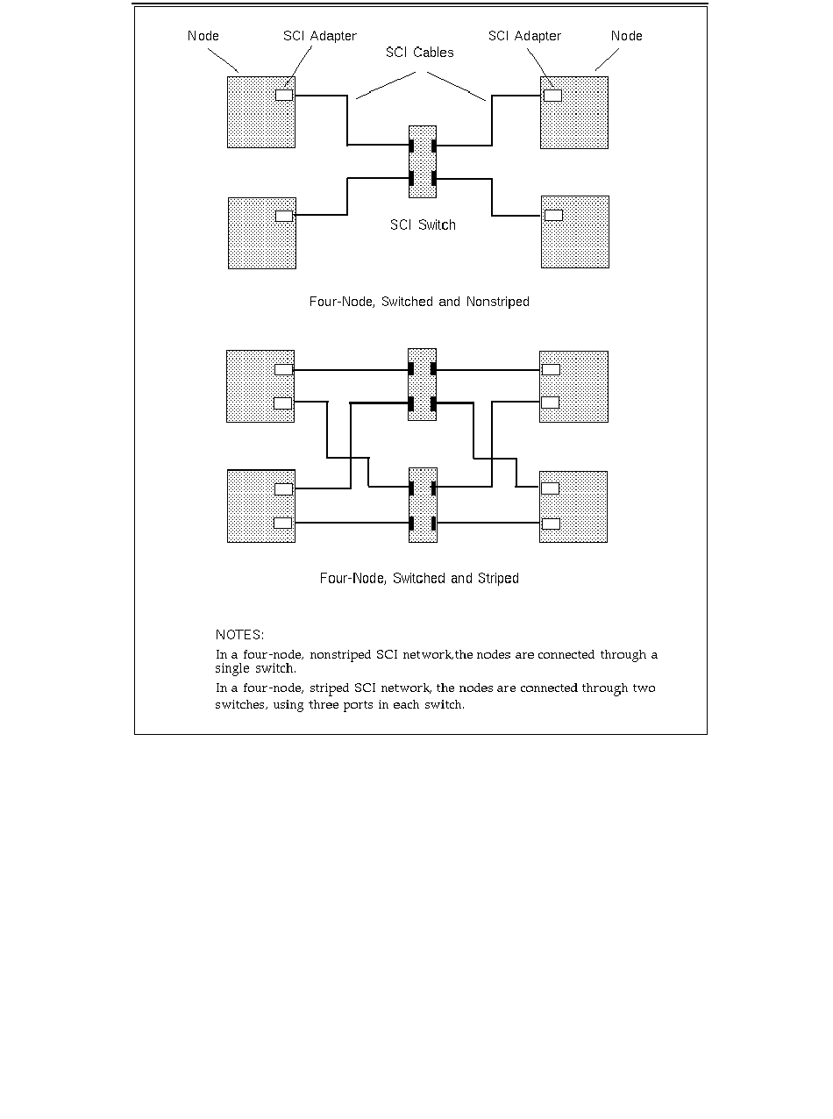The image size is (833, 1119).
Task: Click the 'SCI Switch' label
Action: pyautogui.click(x=423, y=225)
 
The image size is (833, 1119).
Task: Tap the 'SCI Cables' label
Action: pyautogui.click(x=420, y=53)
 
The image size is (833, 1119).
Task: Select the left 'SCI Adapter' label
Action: pyautogui.click(x=319, y=36)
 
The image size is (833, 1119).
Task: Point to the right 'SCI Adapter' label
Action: pyautogui.click(x=524, y=36)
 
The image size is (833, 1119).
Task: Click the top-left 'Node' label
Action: pyautogui.click(x=203, y=36)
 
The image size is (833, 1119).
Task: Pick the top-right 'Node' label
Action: pyautogui.click(x=626, y=36)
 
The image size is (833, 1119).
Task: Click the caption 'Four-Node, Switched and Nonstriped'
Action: pyautogui.click(x=419, y=302)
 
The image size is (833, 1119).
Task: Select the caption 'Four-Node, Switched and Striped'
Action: pyautogui.click(x=419, y=579)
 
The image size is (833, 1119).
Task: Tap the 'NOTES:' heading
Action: pyautogui.click(x=239, y=634)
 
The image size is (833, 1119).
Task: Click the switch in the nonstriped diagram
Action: pyautogui.click(x=423, y=162)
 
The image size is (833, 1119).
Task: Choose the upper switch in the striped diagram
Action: pyautogui.click(x=422, y=385)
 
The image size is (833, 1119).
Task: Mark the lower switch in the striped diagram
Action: pyautogui.click(x=423, y=506)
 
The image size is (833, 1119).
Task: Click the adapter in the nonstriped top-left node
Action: pyautogui.click(x=284, y=95)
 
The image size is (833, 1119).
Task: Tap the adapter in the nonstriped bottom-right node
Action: pyautogui.click(x=553, y=215)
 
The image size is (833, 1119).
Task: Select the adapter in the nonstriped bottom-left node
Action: pyautogui.click(x=284, y=216)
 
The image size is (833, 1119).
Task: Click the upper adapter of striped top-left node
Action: pyautogui.click(x=283, y=369)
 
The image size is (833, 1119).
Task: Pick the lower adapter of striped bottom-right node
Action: pyautogui.click(x=551, y=524)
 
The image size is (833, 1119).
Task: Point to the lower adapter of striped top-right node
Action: pyautogui.click(x=551, y=403)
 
